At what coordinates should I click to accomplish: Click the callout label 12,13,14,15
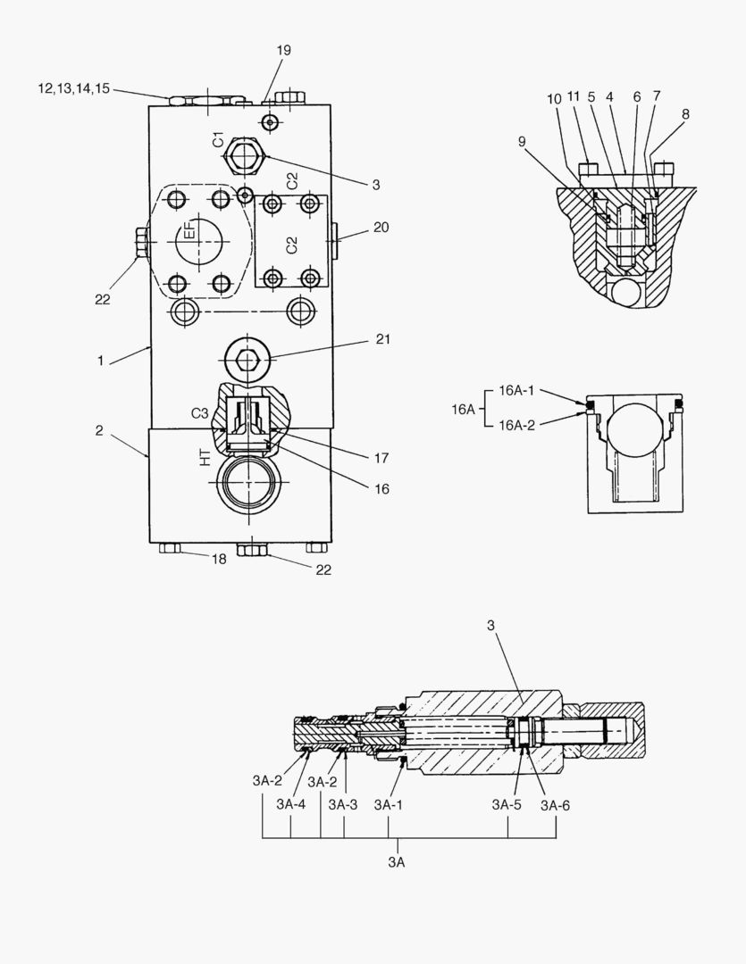(73, 88)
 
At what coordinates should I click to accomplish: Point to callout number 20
(381, 228)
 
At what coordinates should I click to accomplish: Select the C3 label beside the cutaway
(200, 413)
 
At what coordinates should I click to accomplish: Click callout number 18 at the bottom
(219, 559)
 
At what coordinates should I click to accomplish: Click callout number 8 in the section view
(685, 114)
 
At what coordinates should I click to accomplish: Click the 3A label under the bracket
(397, 862)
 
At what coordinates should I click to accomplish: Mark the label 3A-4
(291, 804)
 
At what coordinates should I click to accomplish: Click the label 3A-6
(555, 804)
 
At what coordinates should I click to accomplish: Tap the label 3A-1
(390, 804)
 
